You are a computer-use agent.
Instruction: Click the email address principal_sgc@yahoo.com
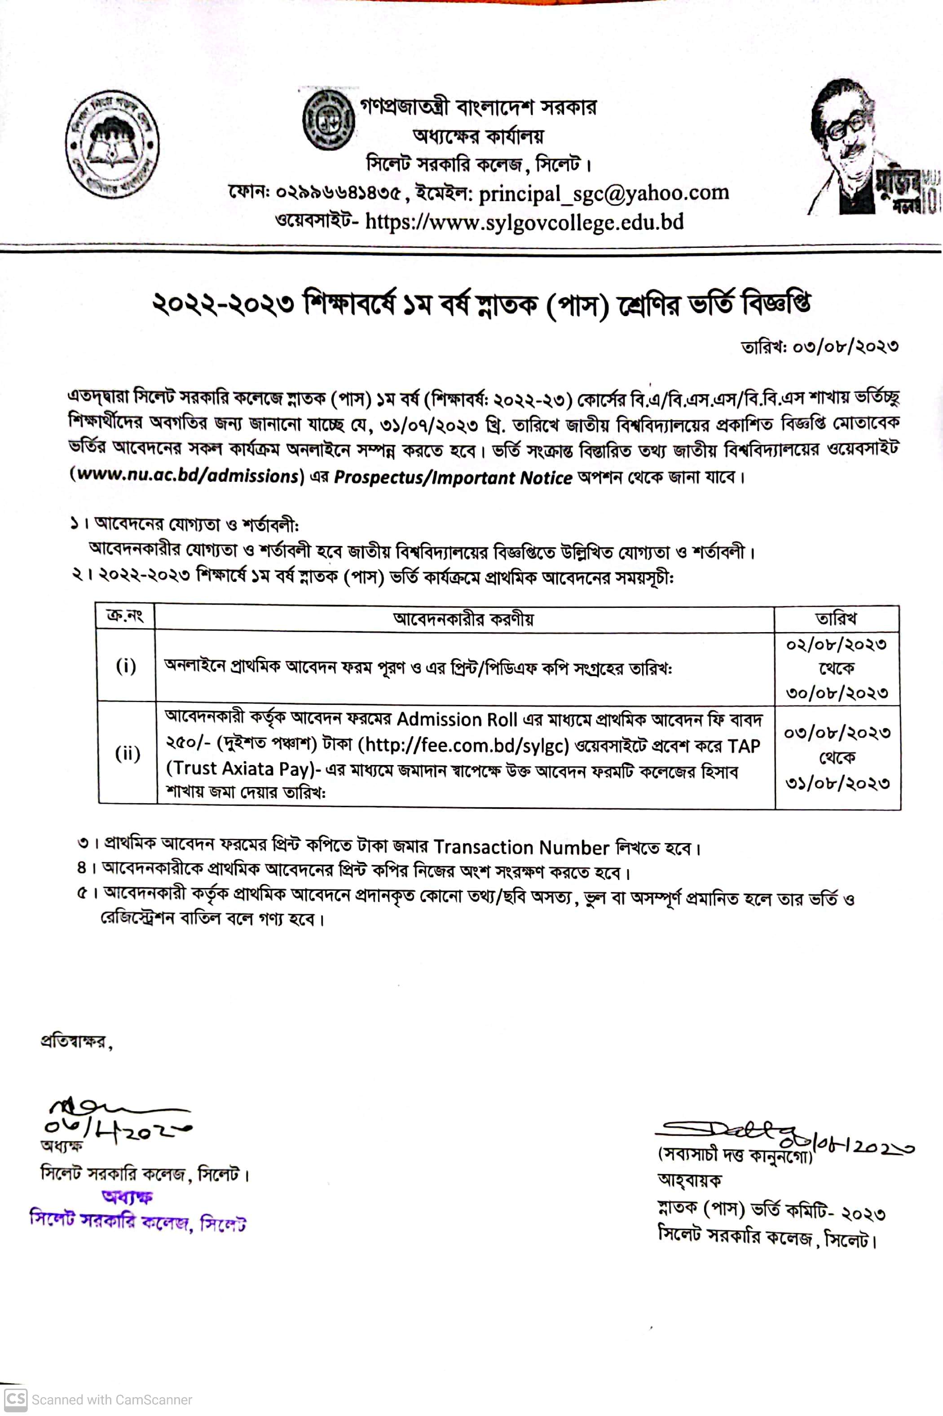click(604, 193)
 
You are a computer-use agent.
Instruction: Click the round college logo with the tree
click(112, 144)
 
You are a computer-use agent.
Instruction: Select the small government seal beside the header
click(328, 120)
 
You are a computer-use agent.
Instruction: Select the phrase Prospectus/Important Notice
click(453, 477)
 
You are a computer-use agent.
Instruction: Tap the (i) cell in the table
click(126, 666)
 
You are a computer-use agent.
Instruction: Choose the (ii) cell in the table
click(127, 753)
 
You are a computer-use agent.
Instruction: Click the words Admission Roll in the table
click(457, 719)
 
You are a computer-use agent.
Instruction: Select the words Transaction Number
click(521, 847)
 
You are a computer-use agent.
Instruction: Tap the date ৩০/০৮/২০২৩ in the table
click(837, 693)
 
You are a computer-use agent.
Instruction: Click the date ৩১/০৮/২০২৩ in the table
click(837, 783)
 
